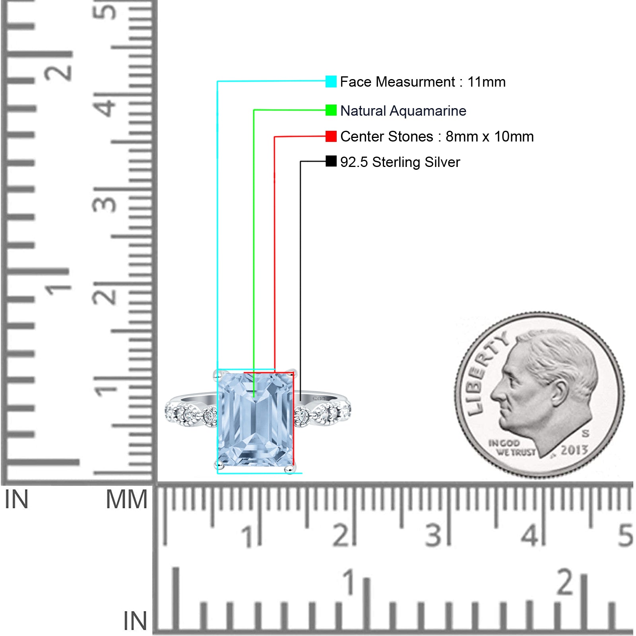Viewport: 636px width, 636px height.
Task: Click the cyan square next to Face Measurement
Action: [x=331, y=81]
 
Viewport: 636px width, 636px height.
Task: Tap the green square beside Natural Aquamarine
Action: [x=331, y=110]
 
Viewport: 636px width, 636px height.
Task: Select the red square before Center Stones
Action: [x=331, y=136]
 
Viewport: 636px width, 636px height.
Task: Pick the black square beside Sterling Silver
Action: [x=331, y=161]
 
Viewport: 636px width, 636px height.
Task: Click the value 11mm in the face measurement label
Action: [x=486, y=82]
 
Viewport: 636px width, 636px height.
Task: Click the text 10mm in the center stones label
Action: [x=514, y=137]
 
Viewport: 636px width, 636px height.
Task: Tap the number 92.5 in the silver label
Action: [x=354, y=162]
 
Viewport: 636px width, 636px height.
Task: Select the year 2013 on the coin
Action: [x=574, y=450]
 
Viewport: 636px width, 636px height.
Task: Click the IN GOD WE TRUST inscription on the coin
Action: [x=512, y=448]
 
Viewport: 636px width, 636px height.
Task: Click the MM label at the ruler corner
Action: [x=126, y=499]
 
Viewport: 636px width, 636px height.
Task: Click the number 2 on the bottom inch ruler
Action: [x=565, y=582]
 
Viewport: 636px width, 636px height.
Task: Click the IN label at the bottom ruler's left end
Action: [x=135, y=620]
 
